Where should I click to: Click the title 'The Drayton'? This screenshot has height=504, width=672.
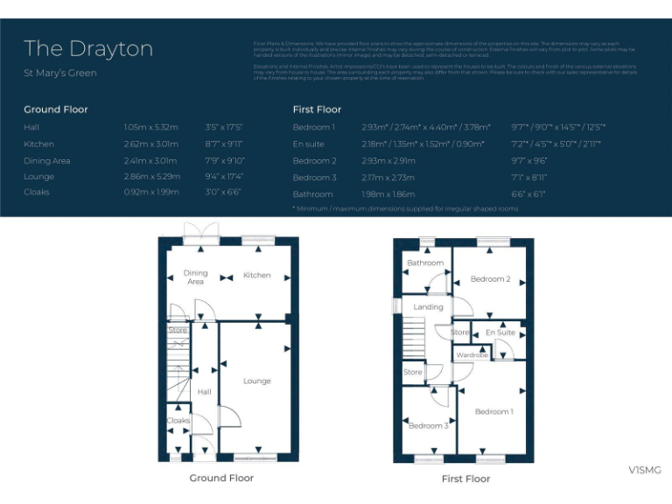tap(87, 48)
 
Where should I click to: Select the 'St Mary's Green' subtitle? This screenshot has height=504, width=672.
tap(59, 73)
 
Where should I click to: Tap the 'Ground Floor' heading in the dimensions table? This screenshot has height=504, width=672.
tap(55, 109)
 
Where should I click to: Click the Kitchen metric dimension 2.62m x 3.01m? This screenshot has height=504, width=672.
tap(150, 143)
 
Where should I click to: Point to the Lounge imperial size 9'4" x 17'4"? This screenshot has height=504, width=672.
tap(224, 176)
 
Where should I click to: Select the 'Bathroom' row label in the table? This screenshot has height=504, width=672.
tap(312, 194)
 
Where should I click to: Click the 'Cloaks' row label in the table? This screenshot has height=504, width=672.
tap(37, 192)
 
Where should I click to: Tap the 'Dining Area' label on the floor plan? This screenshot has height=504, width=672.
tap(195, 277)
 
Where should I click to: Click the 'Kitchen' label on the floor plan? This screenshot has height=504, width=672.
tap(256, 275)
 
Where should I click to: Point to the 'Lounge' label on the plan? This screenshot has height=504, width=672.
tap(256, 381)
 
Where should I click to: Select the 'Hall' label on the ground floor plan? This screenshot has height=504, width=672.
tap(204, 392)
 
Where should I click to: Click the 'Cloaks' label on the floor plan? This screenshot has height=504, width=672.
tap(178, 421)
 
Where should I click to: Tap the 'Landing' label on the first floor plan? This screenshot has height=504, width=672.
tap(428, 307)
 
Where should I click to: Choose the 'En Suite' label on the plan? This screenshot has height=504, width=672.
tap(500, 332)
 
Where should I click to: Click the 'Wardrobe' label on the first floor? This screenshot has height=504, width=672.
tap(472, 355)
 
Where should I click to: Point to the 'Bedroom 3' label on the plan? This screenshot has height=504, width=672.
tap(428, 426)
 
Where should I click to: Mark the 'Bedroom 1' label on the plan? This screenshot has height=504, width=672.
tap(493, 411)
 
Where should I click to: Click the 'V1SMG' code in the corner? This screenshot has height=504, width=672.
tap(644, 471)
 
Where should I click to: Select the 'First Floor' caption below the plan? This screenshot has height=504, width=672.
tap(465, 479)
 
